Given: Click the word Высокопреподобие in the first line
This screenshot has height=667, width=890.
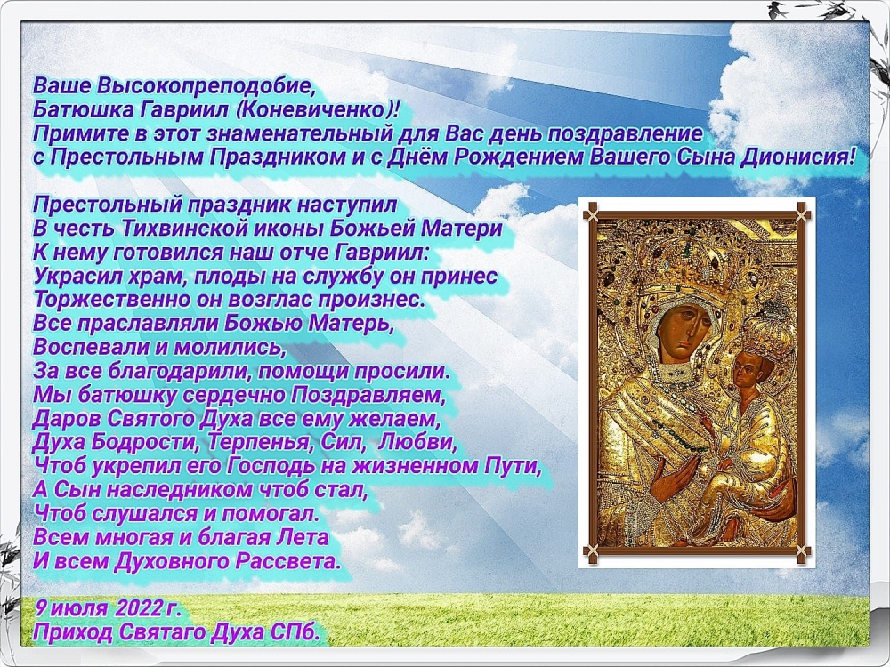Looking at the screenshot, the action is point(205,86).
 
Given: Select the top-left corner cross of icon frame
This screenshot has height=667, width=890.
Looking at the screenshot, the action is point(592,213).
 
